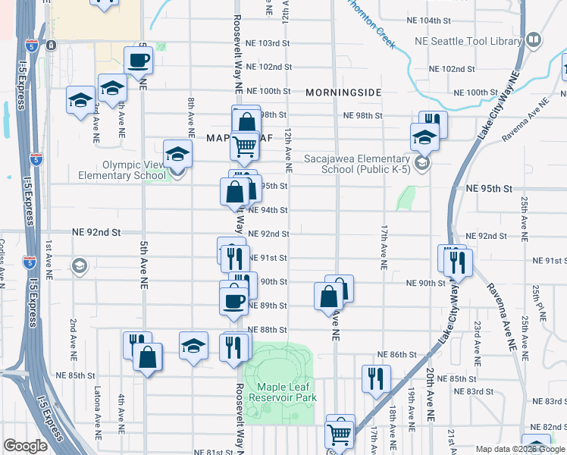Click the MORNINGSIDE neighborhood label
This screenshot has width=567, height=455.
coord(343,92)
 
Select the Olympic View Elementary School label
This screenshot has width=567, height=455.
coord(122,170)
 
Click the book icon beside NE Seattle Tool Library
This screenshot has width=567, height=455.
coord(534,39)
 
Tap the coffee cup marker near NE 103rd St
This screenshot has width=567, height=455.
coord(139,60)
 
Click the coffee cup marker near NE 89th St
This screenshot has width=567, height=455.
coord(233,300)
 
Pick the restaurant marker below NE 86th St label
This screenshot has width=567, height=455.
coord(375,378)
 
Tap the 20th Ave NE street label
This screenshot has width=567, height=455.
coord(429,397)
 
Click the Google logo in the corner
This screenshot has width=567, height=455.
coord(25,447)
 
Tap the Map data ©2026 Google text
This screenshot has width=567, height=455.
coord(520,448)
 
